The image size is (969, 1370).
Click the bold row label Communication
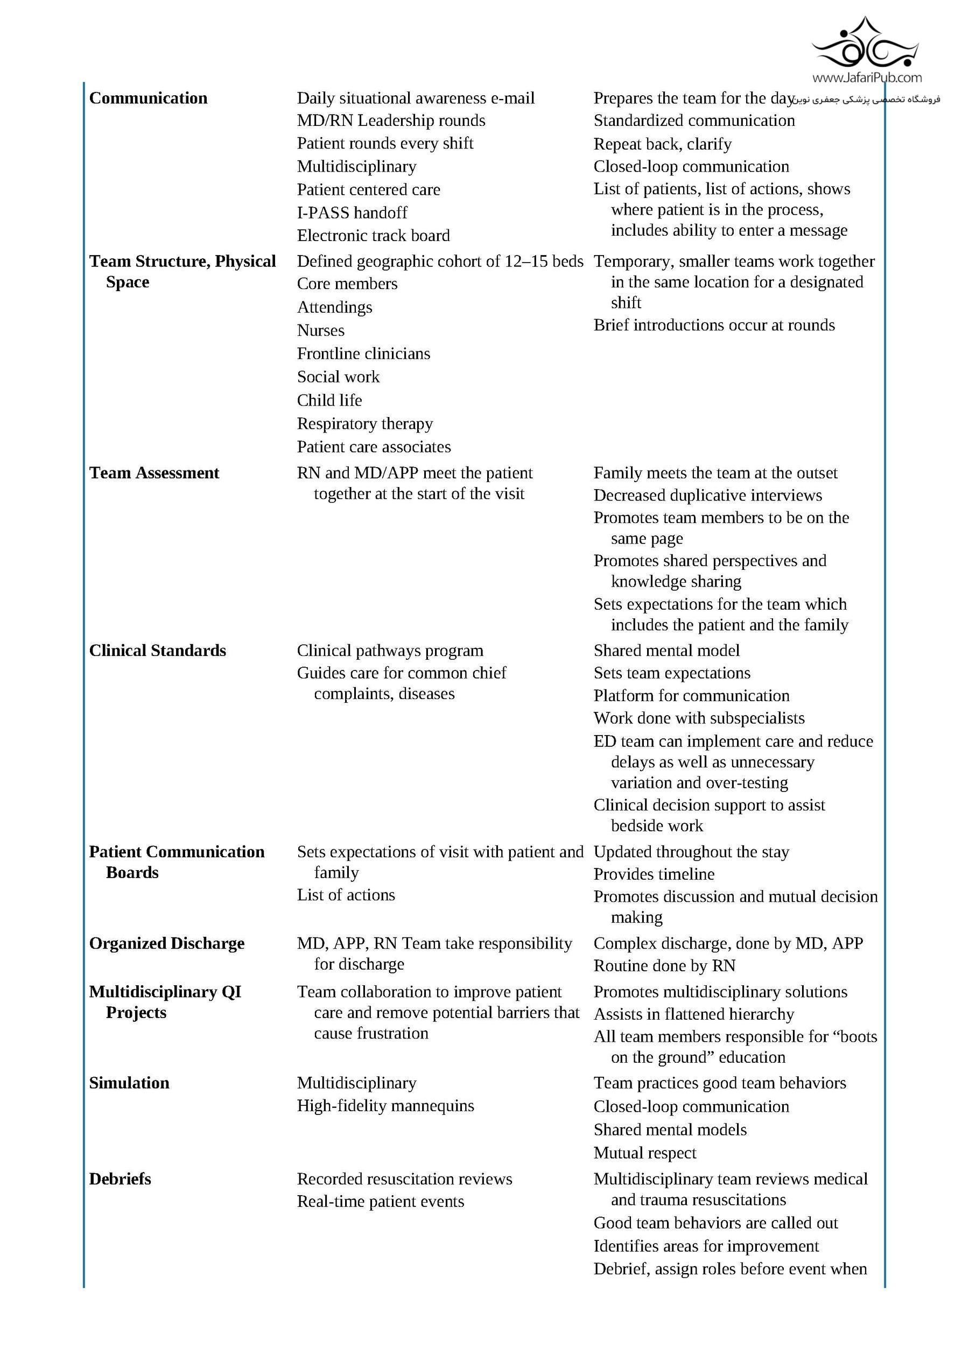[148, 98]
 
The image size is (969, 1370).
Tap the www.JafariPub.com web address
[866, 77]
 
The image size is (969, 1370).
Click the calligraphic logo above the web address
[865, 44]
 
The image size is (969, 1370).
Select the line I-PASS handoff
[352, 213]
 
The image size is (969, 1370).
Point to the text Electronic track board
[373, 236]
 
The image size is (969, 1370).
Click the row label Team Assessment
[154, 472]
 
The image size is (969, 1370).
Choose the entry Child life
[329, 400]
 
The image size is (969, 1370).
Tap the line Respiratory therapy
[365, 423]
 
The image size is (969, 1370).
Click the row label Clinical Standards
[158, 651]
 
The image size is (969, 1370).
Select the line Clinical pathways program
[390, 651]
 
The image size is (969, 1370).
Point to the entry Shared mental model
[666, 651]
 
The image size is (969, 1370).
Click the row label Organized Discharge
[166, 943]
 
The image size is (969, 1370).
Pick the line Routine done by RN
[664, 965]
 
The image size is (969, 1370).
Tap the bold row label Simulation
[129, 1083]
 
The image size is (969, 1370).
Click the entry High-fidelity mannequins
[385, 1106]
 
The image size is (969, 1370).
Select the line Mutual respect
[645, 1153]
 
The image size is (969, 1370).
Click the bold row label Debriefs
[120, 1179]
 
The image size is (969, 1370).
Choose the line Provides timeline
[654, 874]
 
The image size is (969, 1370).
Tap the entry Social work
[338, 377]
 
